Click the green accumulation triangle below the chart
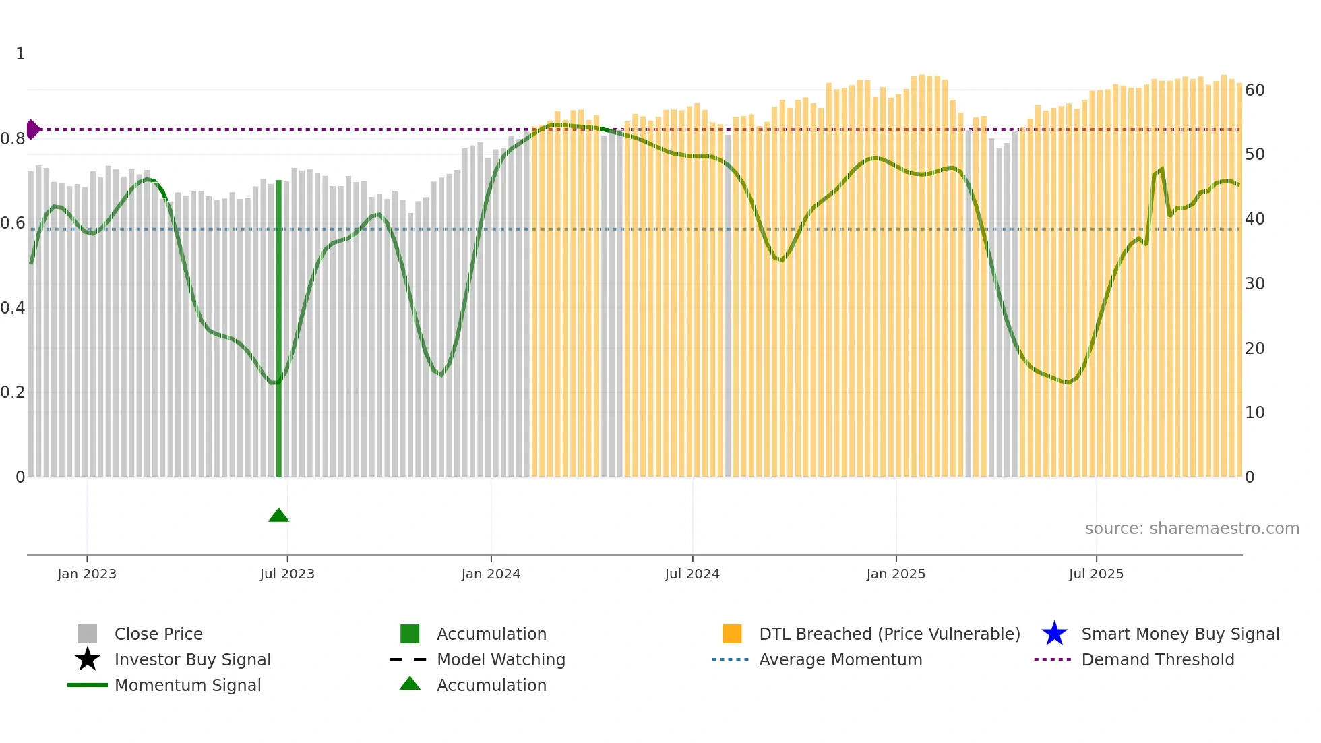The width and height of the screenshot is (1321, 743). pyautogui.click(x=278, y=516)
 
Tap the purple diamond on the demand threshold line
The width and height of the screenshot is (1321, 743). pyautogui.click(x=32, y=129)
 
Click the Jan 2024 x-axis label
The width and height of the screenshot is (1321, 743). pyautogui.click(x=491, y=574)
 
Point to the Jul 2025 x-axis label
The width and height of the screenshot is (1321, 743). pyautogui.click(x=1096, y=574)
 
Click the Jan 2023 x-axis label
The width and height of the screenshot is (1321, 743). pyautogui.click(x=87, y=574)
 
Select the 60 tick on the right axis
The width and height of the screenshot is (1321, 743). pyautogui.click(x=1254, y=90)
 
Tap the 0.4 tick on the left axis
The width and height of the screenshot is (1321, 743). pyautogui.click(x=13, y=308)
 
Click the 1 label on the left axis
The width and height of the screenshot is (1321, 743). pyautogui.click(x=20, y=54)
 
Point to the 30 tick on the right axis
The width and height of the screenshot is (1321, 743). pyautogui.click(x=1254, y=284)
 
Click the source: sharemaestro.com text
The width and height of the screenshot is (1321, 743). pyautogui.click(x=1192, y=529)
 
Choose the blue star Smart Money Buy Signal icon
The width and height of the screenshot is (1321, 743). pyautogui.click(x=1054, y=634)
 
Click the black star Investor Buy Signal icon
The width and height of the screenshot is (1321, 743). pyautogui.click(x=88, y=659)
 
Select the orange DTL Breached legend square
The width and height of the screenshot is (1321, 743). pyautogui.click(x=732, y=634)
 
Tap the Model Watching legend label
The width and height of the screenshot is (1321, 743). pyautogui.click(x=501, y=659)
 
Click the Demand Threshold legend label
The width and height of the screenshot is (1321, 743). pyautogui.click(x=1157, y=659)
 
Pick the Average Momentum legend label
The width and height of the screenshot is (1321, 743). pyautogui.click(x=840, y=659)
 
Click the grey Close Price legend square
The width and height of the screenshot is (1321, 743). pyautogui.click(x=88, y=634)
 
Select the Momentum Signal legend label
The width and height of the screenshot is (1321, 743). pyautogui.click(x=187, y=685)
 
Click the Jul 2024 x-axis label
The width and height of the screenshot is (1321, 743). pyautogui.click(x=692, y=574)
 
